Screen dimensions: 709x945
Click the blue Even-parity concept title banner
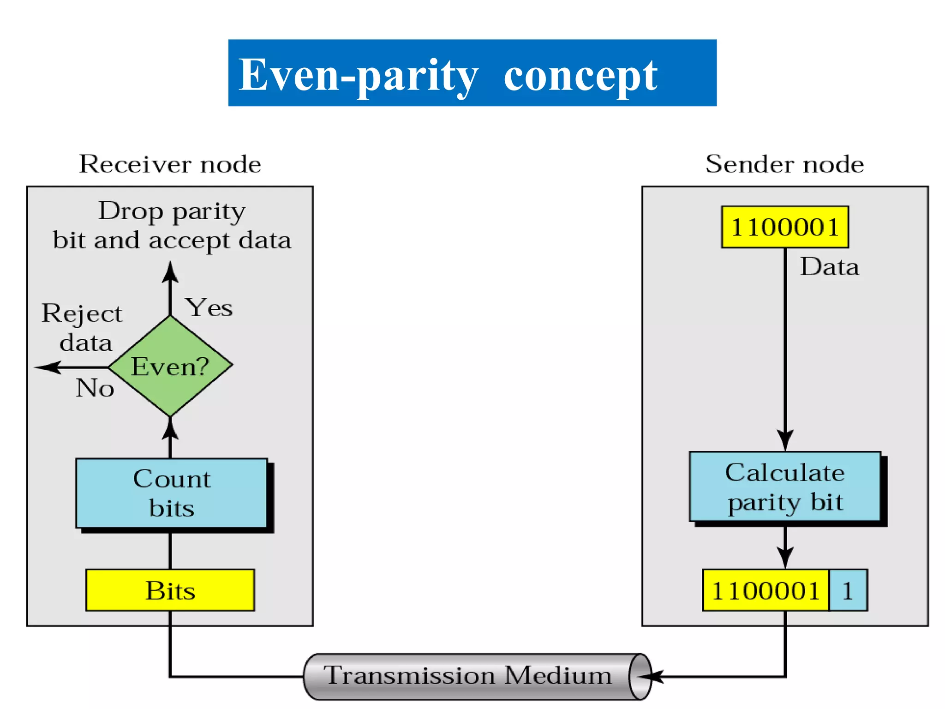click(x=472, y=73)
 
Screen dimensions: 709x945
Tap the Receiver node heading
click(x=170, y=164)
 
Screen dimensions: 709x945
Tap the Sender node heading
click(x=784, y=164)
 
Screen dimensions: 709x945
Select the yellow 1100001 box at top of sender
click(x=785, y=227)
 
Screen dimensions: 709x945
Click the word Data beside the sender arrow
click(x=829, y=267)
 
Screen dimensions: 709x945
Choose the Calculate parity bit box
click(x=785, y=487)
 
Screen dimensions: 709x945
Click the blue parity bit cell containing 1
click(x=848, y=590)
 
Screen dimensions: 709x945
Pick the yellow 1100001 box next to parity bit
click(x=766, y=590)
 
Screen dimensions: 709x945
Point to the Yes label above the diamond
click(x=209, y=307)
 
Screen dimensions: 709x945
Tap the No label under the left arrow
click(x=95, y=388)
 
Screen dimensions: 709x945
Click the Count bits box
click(x=172, y=493)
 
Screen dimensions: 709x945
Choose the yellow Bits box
click(x=170, y=590)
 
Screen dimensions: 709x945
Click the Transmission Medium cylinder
click(x=467, y=676)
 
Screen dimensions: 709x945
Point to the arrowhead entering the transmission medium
click(x=651, y=677)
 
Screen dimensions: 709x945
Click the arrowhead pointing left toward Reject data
click(x=48, y=367)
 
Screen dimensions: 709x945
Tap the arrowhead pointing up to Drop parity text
click(x=170, y=272)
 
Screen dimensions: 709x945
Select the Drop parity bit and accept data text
click(x=172, y=226)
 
